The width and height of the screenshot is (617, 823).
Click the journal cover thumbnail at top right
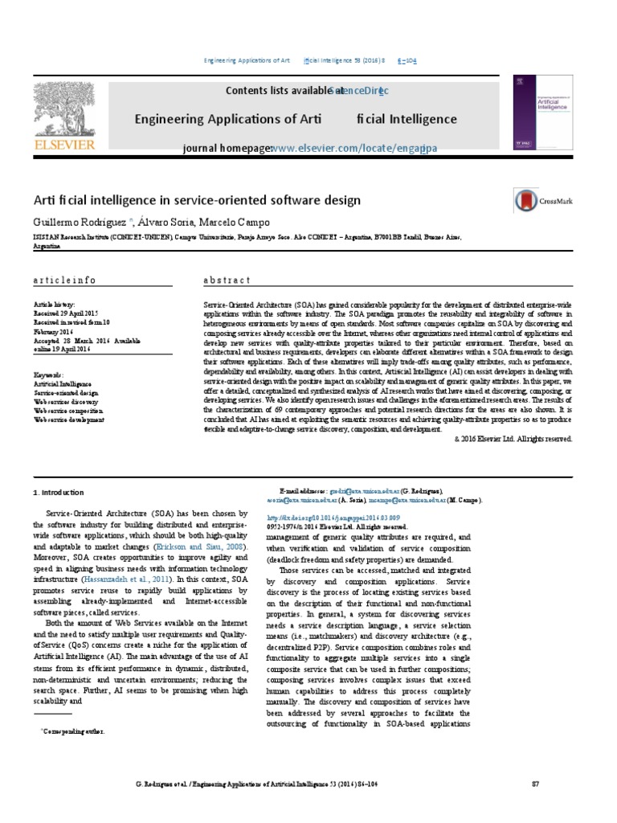coord(528,117)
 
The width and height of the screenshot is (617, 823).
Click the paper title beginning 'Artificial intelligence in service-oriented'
coord(197,199)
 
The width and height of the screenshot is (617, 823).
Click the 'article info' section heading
coord(64,280)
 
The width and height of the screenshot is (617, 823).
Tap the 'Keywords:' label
coord(49,375)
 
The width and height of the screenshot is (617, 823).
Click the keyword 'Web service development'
coord(69,420)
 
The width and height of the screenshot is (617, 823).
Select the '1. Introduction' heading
coord(58,492)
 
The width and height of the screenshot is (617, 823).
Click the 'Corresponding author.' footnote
coord(73,733)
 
